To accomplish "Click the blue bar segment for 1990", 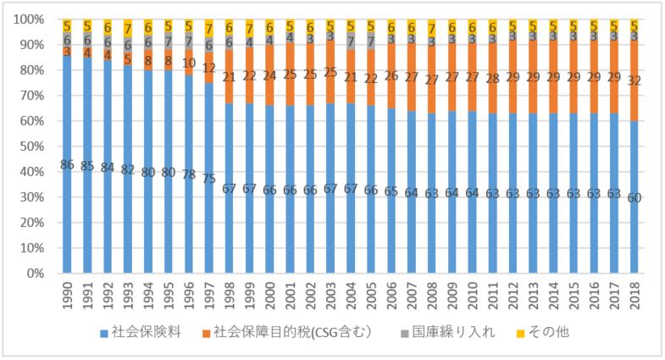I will (67, 212).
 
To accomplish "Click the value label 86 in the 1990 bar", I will (67, 163).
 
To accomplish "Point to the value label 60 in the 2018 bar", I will (635, 197).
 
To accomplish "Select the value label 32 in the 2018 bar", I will (635, 81).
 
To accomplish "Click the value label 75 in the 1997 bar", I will (209, 179).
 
